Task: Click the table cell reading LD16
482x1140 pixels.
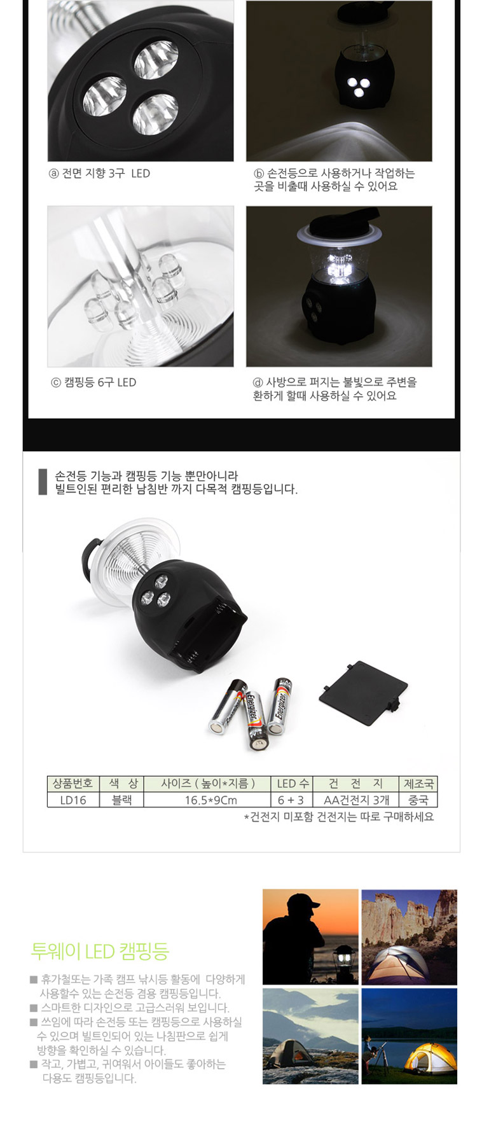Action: pyautogui.click(x=73, y=800)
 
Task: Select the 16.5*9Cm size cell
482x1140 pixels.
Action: pyautogui.click(x=210, y=800)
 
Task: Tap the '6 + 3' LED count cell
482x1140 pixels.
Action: pyautogui.click(x=291, y=800)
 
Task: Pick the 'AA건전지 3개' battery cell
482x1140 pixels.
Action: pyautogui.click(x=356, y=800)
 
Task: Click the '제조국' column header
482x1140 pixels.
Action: pyautogui.click(x=418, y=784)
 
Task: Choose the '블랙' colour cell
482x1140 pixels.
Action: pyautogui.click(x=122, y=800)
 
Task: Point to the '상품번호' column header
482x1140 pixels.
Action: pyautogui.click(x=73, y=784)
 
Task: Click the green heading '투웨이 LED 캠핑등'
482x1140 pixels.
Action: pyautogui.click(x=100, y=951)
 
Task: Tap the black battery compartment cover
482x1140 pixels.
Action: pyautogui.click(x=363, y=692)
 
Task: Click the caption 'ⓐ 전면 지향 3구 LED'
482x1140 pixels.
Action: pyautogui.click(x=100, y=173)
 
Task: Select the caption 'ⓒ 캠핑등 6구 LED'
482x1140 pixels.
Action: pyautogui.click(x=93, y=382)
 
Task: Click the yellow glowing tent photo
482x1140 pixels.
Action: pyautogui.click(x=410, y=1036)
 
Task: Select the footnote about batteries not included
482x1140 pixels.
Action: pyautogui.click(x=339, y=817)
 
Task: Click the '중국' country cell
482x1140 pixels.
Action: pyautogui.click(x=418, y=800)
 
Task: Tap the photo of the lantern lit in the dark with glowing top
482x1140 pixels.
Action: pyautogui.click(x=339, y=286)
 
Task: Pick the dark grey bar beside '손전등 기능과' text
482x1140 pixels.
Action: pyautogui.click(x=43, y=482)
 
